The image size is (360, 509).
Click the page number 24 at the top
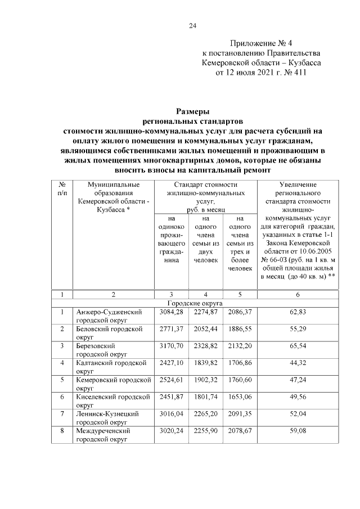[192, 25]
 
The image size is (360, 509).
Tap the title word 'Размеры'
[193, 111]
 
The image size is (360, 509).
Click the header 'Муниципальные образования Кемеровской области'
[113, 197]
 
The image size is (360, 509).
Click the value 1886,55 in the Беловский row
[240, 328]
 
